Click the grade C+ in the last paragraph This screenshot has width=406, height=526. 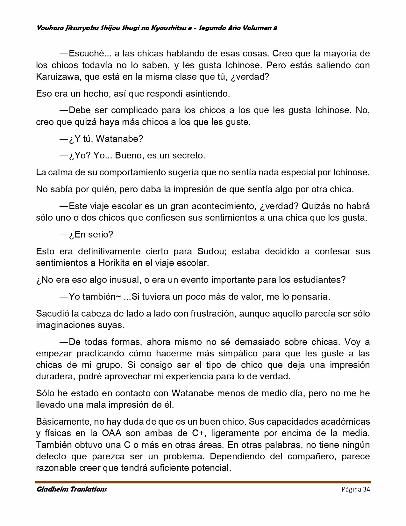click(x=198, y=433)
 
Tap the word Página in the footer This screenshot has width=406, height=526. click(x=351, y=489)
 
